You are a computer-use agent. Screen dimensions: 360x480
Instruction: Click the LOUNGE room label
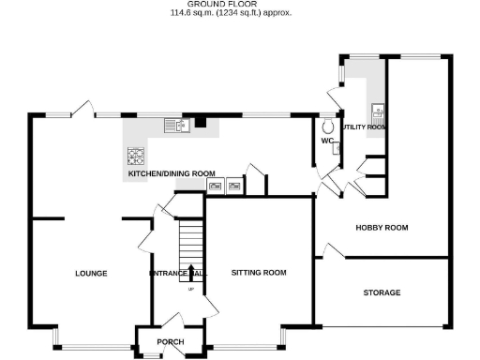pos(91,274)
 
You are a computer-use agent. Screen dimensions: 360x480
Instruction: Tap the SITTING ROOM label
pos(258,274)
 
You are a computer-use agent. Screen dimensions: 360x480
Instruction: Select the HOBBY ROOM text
pos(382,227)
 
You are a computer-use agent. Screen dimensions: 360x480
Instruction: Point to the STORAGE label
pos(382,292)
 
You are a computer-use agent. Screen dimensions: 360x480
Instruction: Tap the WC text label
pos(327,141)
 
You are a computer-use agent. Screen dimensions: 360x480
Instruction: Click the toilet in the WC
pos(328,127)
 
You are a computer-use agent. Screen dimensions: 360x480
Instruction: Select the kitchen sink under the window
pos(174,125)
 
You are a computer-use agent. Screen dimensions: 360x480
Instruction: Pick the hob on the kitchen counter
pos(136,156)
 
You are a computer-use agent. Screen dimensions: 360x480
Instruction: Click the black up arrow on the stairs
pos(191,272)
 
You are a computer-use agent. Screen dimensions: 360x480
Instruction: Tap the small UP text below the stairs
pos(191,288)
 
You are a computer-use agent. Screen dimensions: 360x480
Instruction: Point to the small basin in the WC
pos(337,147)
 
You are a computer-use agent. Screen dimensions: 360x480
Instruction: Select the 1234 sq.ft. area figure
pos(241,14)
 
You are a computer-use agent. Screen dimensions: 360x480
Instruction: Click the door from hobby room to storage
pos(333,250)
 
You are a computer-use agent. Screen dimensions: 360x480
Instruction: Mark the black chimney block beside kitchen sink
pos(199,122)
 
